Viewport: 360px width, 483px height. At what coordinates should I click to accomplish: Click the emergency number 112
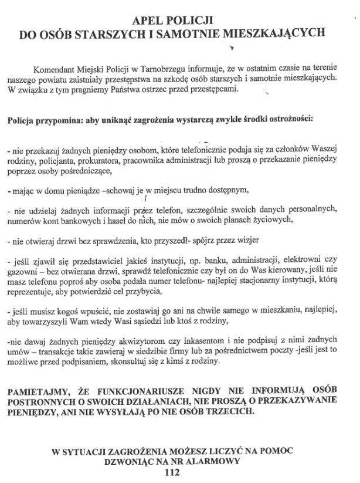(x=173, y=472)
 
